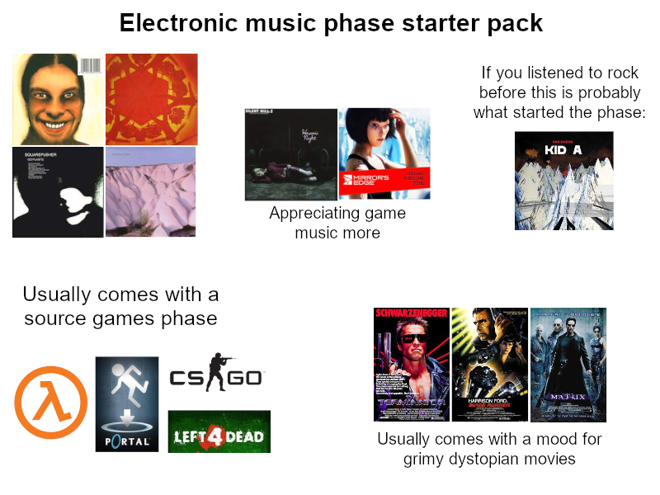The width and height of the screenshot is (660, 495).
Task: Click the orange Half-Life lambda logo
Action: point(50,402)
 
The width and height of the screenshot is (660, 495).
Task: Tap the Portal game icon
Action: point(127,404)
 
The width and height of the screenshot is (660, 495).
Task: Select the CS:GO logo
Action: point(217,377)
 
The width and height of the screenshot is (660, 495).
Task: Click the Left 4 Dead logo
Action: point(219,431)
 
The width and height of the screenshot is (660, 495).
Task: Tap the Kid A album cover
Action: point(563,181)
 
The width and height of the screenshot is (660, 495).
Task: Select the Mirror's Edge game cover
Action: point(384,154)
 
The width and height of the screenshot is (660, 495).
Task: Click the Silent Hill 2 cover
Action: point(291,154)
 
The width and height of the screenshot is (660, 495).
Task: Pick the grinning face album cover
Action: point(57,99)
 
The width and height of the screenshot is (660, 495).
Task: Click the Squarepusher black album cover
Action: point(58,192)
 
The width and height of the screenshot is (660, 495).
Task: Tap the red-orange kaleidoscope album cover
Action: point(152,99)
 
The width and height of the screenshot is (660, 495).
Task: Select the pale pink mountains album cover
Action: point(151,192)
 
